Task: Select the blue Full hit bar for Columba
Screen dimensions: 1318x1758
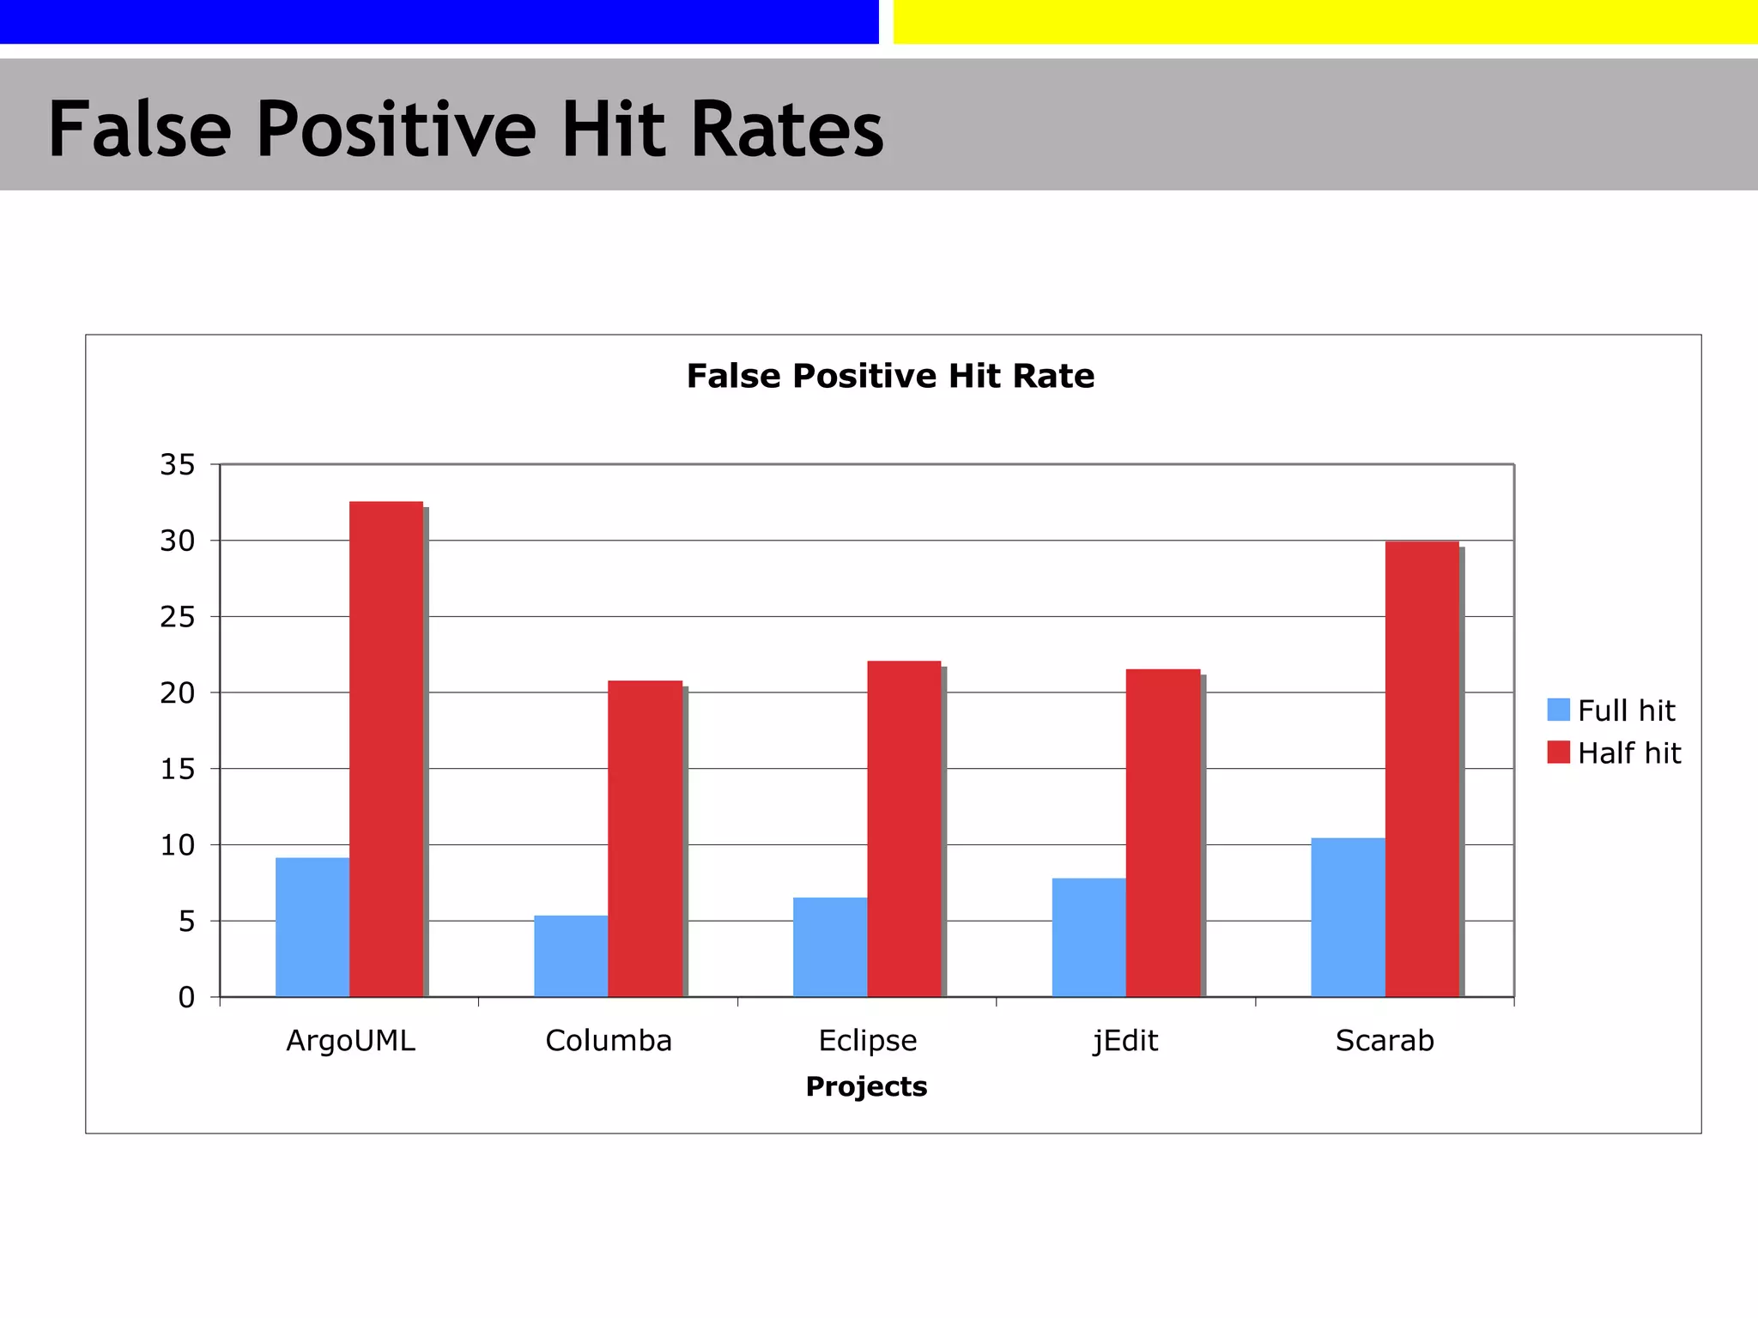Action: coord(571,956)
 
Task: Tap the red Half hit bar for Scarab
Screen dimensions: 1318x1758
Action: coord(1422,769)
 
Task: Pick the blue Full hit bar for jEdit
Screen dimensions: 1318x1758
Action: coord(1088,937)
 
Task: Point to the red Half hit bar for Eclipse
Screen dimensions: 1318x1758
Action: coord(904,828)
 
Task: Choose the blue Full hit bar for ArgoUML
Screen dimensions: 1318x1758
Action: coord(312,927)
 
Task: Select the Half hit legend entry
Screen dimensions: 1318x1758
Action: coord(1614,753)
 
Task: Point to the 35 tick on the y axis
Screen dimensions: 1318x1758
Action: coord(178,465)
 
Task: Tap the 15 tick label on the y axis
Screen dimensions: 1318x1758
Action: coord(178,769)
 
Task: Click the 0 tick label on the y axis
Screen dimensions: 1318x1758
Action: coord(186,997)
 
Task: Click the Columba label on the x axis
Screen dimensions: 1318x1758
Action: coord(609,1040)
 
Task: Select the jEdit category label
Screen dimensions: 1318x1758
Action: coord(1125,1040)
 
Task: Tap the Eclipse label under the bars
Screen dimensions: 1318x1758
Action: coord(868,1040)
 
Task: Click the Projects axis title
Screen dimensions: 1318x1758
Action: coord(866,1086)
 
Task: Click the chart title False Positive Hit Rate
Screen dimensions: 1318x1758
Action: coord(890,376)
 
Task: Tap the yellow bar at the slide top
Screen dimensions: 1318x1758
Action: coord(1325,21)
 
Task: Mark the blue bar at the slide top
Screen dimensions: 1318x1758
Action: coord(439,21)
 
